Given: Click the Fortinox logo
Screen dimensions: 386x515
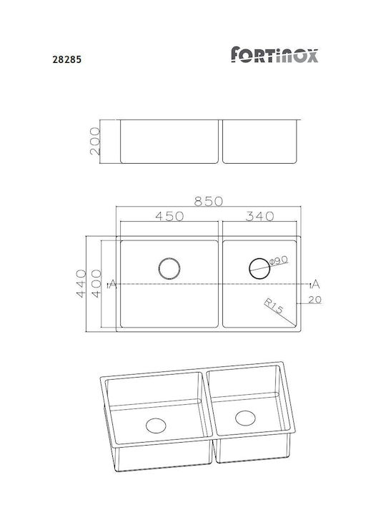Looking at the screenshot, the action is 274,54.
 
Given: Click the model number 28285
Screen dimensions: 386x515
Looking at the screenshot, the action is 67,59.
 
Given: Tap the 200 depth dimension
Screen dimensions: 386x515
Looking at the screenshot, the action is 94,141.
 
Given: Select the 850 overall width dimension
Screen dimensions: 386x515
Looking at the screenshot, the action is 209,201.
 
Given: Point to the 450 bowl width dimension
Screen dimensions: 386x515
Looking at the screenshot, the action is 169,216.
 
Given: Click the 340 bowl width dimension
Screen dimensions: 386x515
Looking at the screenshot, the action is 259,216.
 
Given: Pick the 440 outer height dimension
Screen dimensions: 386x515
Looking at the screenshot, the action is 81,283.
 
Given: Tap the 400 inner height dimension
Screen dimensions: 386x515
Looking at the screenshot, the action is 96,283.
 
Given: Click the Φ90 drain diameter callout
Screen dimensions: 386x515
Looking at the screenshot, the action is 278,261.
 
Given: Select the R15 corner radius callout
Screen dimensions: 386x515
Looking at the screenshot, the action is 273,306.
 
